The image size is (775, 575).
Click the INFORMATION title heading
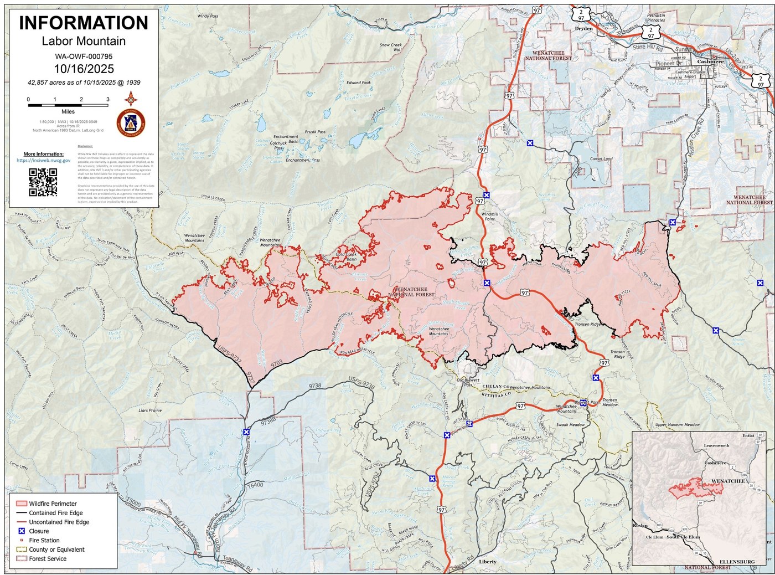click(x=84, y=23)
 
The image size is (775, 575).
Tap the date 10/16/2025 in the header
click(x=84, y=69)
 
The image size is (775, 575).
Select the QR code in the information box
click(x=43, y=182)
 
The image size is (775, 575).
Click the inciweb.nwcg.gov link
click(x=43, y=161)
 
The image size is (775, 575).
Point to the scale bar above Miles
click(x=68, y=105)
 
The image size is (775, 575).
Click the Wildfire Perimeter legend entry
click(x=53, y=504)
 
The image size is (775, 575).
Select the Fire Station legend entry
click(x=44, y=540)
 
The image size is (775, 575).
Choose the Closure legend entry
click(x=39, y=531)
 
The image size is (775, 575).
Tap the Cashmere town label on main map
click(x=710, y=61)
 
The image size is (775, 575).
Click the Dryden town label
click(x=583, y=28)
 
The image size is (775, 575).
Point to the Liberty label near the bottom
click(x=488, y=562)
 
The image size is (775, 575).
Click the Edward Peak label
click(x=359, y=83)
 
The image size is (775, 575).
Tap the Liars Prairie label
click(x=150, y=410)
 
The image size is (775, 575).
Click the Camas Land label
click(x=601, y=159)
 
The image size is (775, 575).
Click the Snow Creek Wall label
click(x=391, y=47)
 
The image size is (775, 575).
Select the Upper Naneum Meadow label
click(x=677, y=425)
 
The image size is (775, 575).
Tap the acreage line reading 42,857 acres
click(x=84, y=83)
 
